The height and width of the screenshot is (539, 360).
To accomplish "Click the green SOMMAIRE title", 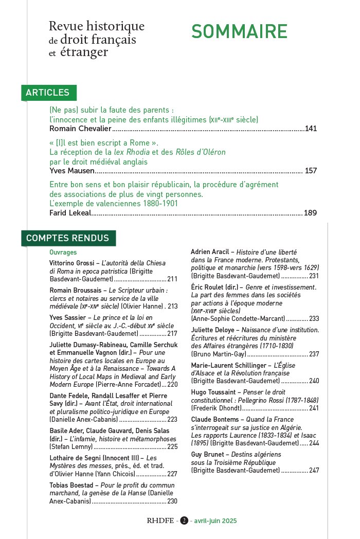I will (239, 31).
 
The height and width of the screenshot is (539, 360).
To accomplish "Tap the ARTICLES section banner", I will (48, 93).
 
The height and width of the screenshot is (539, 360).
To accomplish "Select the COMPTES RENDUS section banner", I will (67, 238).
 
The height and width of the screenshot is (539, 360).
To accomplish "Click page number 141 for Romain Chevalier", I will (311, 129).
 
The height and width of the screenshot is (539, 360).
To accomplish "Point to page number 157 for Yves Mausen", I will (311, 171).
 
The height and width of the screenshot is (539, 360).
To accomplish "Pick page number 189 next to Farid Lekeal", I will (310, 213).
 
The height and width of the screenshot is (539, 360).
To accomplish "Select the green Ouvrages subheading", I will (63, 253).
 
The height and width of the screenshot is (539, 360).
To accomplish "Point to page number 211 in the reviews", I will (172, 279).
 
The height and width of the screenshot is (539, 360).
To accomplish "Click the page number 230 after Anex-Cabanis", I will (172, 501).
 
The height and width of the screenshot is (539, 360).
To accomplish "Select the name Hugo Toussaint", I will (213, 392).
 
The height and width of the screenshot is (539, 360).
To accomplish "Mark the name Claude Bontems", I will (215, 419).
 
